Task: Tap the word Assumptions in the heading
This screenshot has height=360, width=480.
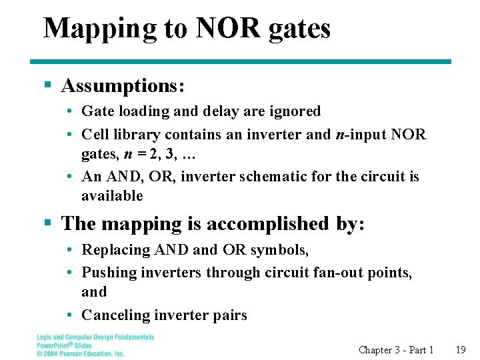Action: click(x=123, y=85)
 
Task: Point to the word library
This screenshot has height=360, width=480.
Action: click(x=136, y=135)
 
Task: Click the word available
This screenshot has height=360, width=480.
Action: click(x=112, y=196)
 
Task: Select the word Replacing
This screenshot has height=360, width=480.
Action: click(x=116, y=250)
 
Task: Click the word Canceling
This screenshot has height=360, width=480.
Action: click(x=115, y=315)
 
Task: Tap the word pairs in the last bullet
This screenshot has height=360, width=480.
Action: click(x=229, y=315)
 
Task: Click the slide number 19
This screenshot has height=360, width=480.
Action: click(x=460, y=350)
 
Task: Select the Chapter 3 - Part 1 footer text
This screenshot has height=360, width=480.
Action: click(x=396, y=350)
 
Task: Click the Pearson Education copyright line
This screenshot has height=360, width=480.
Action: click(x=81, y=354)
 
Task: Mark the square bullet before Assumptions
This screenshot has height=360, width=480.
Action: click(x=47, y=85)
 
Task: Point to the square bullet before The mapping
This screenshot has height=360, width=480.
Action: click(x=47, y=224)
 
